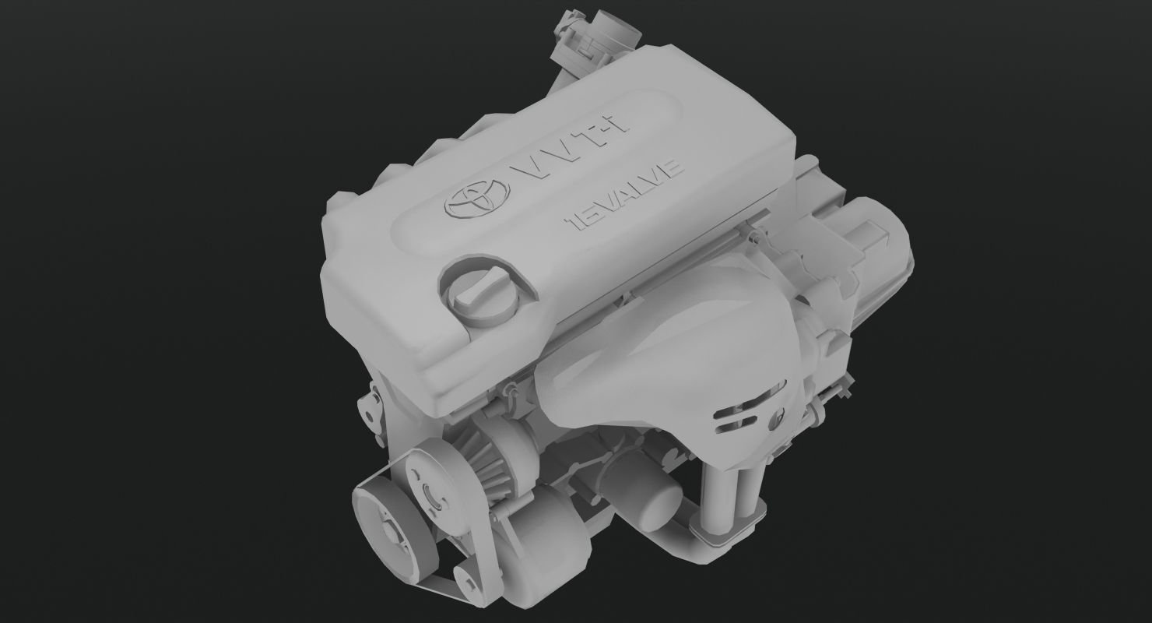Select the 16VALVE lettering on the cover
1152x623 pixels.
point(627,198)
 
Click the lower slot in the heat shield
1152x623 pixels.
point(739,424)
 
